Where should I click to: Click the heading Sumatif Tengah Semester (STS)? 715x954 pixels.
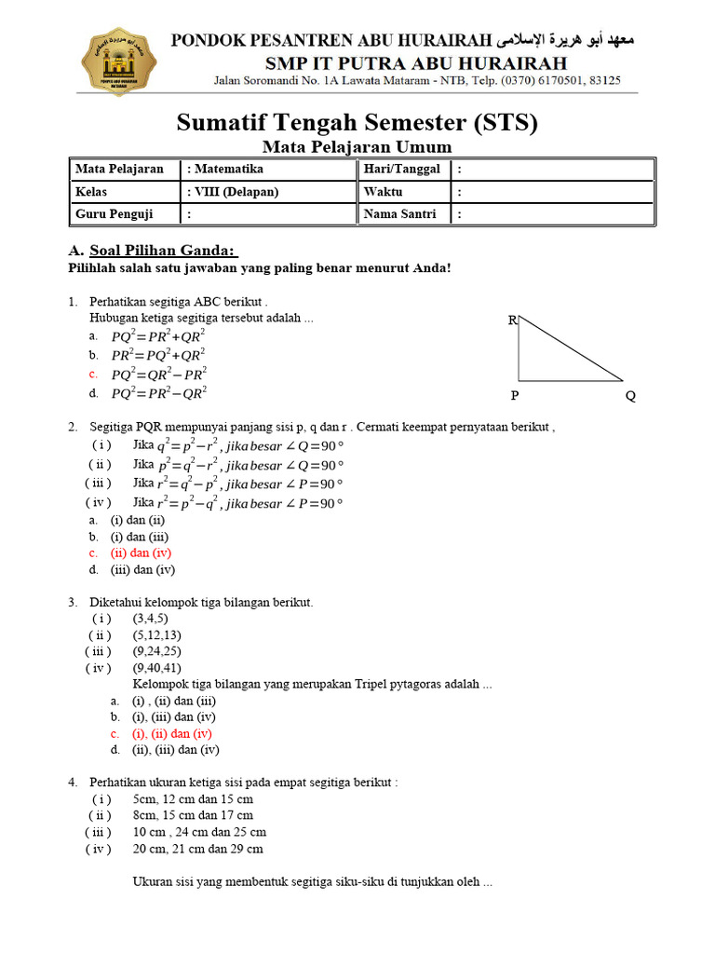click(x=357, y=122)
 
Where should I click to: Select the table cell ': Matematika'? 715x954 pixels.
click(x=225, y=169)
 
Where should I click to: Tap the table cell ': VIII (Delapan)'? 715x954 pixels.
click(x=234, y=191)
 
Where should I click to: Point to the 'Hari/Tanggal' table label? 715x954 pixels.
click(x=401, y=169)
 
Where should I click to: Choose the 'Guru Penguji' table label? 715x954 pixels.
click(x=114, y=213)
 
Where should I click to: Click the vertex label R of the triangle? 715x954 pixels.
click(x=512, y=320)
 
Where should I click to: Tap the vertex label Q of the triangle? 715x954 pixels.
click(x=630, y=396)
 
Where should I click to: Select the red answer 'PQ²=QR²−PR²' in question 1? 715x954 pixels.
click(x=158, y=374)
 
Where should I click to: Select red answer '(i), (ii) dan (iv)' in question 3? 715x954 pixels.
click(x=172, y=733)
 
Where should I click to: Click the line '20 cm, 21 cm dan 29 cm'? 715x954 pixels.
click(x=197, y=849)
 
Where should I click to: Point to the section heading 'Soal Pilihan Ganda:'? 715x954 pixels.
click(x=163, y=252)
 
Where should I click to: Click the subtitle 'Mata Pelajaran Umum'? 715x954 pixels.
click(x=357, y=146)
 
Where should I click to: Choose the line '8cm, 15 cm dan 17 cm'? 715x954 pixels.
click(x=193, y=815)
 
